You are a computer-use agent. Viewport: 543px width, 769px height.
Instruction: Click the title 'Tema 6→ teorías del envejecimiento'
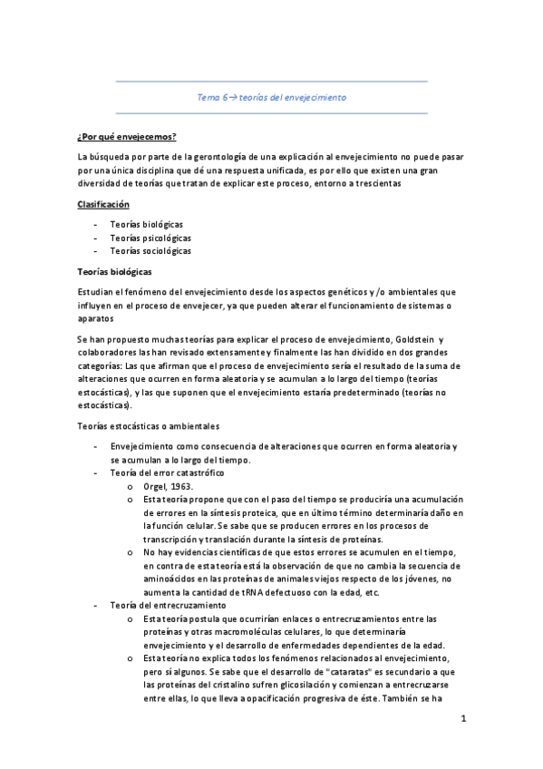click(271, 96)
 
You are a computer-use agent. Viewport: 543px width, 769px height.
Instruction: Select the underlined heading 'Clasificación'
click(103, 204)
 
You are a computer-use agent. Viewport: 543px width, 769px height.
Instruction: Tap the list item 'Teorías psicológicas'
click(150, 237)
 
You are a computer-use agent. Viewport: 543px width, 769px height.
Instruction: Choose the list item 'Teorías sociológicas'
click(150, 251)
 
